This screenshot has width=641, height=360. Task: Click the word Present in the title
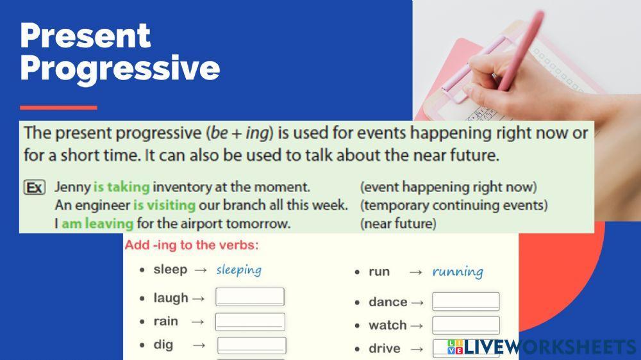(x=85, y=36)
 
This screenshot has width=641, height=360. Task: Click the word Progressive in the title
(x=120, y=68)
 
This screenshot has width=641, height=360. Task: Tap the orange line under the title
(x=58, y=108)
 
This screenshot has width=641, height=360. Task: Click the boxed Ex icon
(x=34, y=188)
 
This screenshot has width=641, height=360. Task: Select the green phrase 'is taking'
(x=122, y=187)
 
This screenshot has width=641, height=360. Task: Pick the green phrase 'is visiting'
(x=164, y=206)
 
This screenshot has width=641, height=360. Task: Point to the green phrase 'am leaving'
(x=97, y=224)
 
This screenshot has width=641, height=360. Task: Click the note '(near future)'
(x=398, y=224)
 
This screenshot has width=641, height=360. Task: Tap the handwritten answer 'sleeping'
(x=238, y=270)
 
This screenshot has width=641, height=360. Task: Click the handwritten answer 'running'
(x=458, y=272)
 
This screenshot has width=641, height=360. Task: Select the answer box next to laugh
(x=250, y=297)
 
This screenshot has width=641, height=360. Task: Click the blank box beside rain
(x=250, y=322)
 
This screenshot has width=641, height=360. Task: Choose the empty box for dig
(x=251, y=345)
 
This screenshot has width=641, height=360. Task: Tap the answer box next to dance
(x=466, y=302)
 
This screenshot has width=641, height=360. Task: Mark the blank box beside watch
(x=466, y=325)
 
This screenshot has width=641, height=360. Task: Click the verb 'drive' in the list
(x=385, y=349)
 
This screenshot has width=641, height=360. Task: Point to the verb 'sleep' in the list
(x=171, y=269)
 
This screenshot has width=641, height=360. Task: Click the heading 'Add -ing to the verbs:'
(x=192, y=245)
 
